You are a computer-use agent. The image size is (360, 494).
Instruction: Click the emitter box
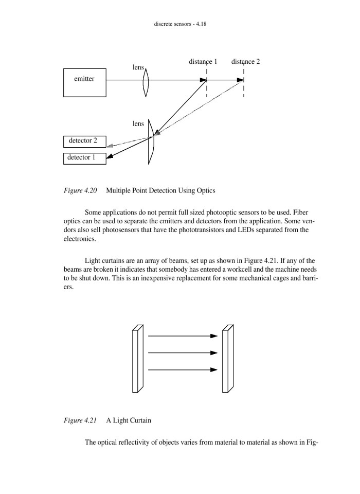85,82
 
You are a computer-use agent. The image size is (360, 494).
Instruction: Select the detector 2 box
84,141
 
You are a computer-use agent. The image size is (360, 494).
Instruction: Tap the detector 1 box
84,158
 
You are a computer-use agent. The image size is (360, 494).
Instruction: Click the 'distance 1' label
203,62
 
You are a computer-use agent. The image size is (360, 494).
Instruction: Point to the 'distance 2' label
245,62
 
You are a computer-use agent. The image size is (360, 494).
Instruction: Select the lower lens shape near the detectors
150,142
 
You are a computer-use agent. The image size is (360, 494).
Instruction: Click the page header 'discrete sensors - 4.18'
180,24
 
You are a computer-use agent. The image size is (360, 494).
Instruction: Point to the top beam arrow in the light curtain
183,336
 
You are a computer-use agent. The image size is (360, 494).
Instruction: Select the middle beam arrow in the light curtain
183,353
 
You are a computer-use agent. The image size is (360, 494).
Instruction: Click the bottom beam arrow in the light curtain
183,369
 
